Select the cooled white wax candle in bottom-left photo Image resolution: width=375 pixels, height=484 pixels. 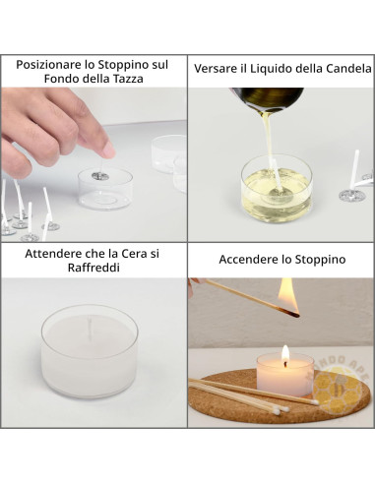[91, 351]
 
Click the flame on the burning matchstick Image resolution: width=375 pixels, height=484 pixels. [287, 293]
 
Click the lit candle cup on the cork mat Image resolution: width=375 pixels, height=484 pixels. [284, 375]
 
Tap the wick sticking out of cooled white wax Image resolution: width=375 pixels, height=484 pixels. [92, 326]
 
